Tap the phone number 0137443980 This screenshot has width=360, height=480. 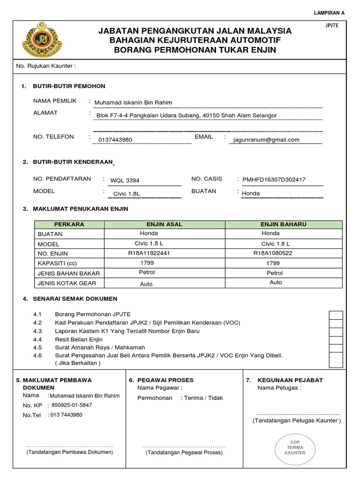tap(115, 140)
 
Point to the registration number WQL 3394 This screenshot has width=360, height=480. tap(125, 180)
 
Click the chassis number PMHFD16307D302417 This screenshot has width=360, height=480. tap(274, 180)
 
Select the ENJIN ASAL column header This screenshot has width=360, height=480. tap(165, 225)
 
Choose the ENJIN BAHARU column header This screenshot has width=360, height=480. tap(284, 225)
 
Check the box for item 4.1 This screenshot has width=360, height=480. tap(336, 315)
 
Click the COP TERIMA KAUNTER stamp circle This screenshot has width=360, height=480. tap(295, 447)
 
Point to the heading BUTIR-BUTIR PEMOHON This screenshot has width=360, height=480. tap(69, 86)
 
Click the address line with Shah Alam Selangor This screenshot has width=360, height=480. tap(186, 115)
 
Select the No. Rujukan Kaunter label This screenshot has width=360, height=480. tap(46, 66)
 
